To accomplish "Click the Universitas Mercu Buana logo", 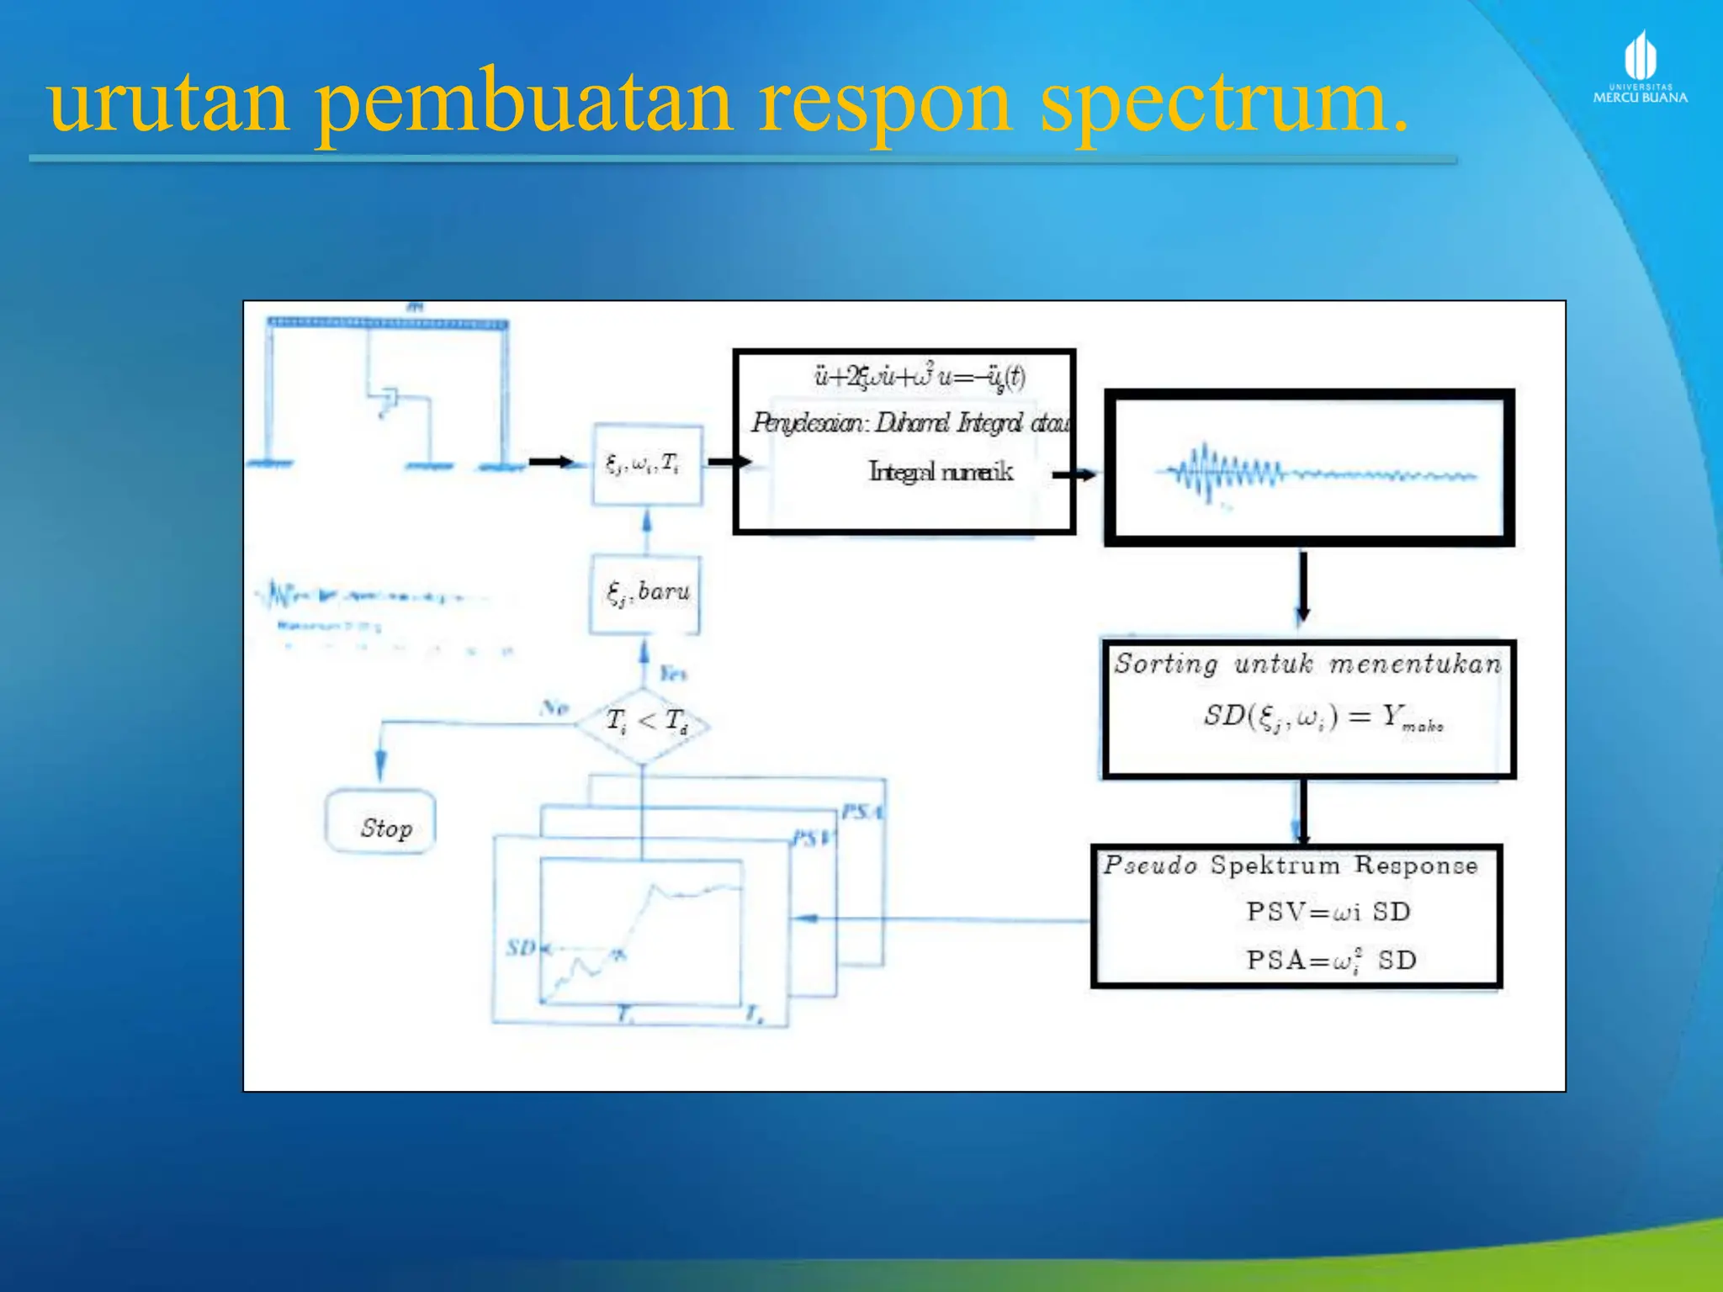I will point(1640,67).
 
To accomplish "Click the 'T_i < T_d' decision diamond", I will point(644,722).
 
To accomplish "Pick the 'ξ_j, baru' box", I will point(645,593).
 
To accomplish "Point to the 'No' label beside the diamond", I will point(554,707).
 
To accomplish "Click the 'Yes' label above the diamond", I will point(672,673).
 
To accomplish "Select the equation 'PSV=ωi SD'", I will point(1328,912).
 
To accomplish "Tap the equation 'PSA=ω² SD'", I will point(1331,960).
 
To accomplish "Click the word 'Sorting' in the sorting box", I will point(1166,665).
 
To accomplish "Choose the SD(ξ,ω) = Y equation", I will point(1323,717).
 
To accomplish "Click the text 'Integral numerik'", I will point(941,472).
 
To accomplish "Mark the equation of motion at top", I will point(920,376).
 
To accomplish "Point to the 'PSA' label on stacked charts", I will point(862,812).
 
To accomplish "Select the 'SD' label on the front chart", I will point(521,948).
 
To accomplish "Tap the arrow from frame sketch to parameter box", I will point(552,462).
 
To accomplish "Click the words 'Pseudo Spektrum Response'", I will point(1291,865).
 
